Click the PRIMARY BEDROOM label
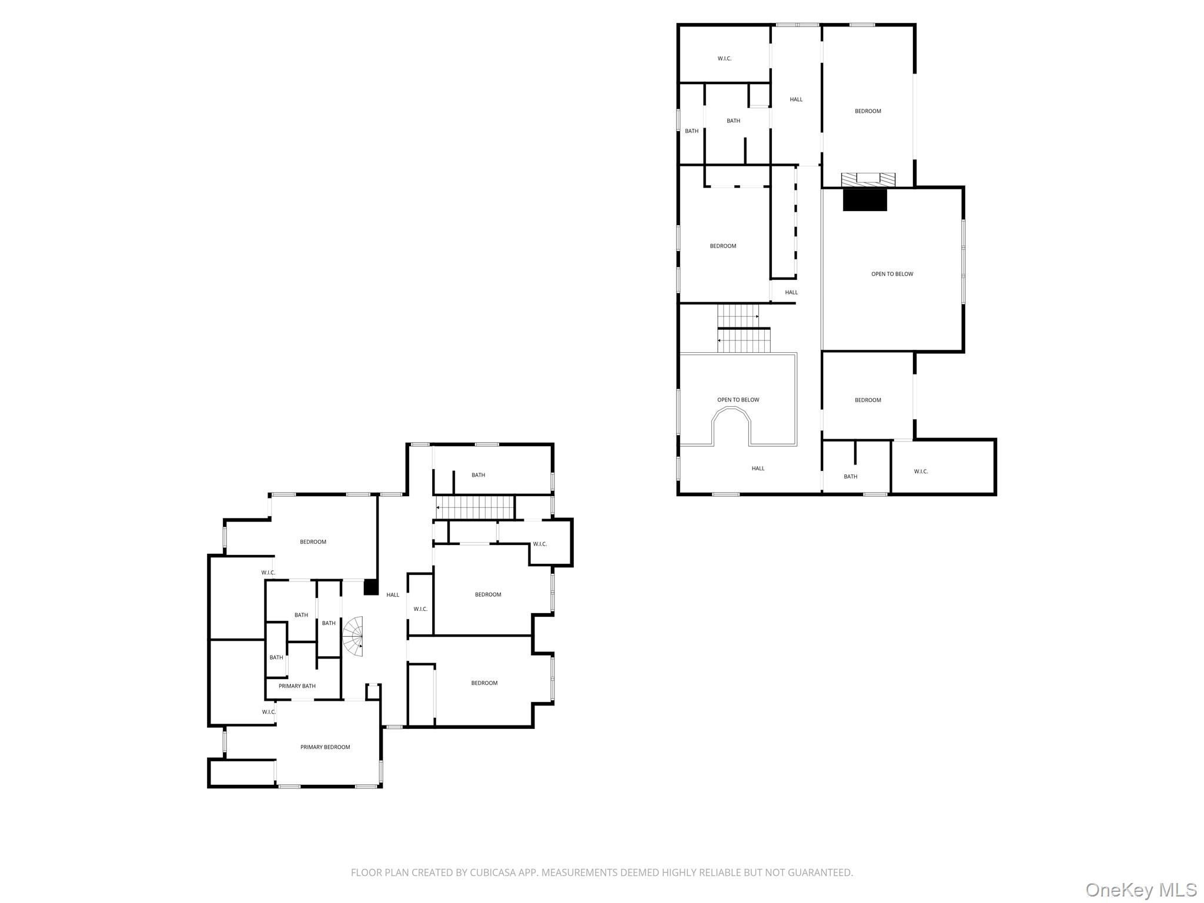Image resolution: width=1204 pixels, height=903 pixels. tap(325, 747)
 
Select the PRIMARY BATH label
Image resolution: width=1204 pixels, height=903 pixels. tap(297, 686)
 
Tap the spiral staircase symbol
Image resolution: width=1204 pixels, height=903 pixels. tap(353, 637)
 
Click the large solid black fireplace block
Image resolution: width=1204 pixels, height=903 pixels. tap(864, 200)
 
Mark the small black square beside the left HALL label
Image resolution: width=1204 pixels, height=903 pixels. tap(371, 587)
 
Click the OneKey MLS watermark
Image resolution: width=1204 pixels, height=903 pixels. tap(1141, 889)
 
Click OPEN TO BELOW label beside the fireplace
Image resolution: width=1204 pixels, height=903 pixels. tap(892, 274)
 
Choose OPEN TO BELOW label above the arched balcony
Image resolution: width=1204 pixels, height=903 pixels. tap(738, 400)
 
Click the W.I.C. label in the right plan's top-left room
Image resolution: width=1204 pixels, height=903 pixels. tap(724, 59)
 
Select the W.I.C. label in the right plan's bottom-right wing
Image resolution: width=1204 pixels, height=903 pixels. tap(921, 471)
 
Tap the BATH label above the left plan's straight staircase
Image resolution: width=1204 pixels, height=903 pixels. tap(478, 475)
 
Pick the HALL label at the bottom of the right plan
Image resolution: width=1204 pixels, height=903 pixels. tap(758, 469)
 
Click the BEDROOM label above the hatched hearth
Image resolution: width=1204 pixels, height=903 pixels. tap(868, 111)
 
